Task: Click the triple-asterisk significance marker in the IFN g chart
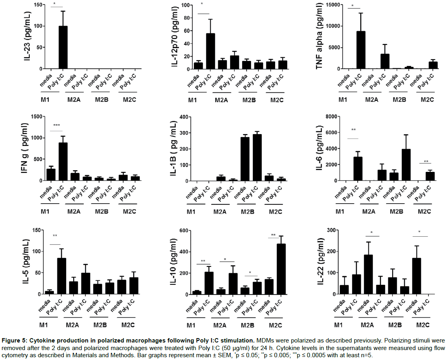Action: pyautogui.click(x=57, y=125)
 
